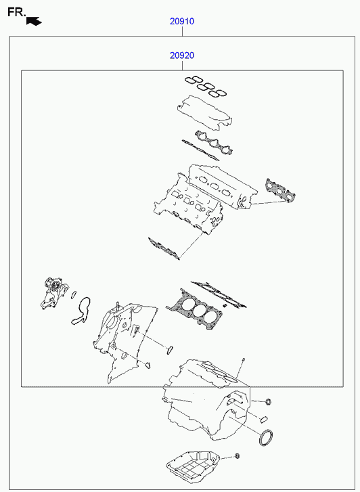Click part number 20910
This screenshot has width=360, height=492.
tap(182, 22)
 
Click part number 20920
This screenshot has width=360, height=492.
tap(182, 55)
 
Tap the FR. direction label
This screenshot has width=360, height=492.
tap(16, 12)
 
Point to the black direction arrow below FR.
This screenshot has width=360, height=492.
tap(35, 21)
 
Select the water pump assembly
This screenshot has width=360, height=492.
tap(54, 293)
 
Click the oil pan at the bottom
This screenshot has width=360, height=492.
tap(193, 467)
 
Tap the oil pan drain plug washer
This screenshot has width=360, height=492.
tap(238, 456)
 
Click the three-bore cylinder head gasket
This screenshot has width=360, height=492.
tap(194, 308)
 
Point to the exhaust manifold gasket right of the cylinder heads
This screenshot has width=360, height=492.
tap(280, 190)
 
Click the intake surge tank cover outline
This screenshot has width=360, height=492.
tap(204, 113)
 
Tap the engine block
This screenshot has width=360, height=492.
tap(207, 400)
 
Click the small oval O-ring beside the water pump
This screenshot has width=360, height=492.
tap(74, 294)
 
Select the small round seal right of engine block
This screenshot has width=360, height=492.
tap(268, 401)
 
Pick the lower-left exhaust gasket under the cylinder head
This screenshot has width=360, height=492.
tap(164, 248)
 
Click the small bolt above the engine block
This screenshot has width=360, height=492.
tap(243, 360)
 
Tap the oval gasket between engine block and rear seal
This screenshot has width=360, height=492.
tap(264, 419)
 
